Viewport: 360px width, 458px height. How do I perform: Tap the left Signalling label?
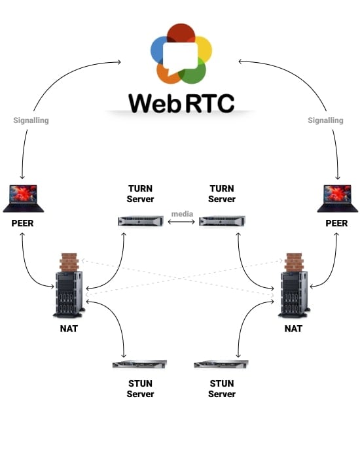pos(31,120)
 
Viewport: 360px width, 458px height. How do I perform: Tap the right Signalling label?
pos(325,120)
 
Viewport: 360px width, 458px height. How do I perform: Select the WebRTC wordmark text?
pos(181,103)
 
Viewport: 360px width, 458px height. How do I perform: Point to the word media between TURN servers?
pos(181,214)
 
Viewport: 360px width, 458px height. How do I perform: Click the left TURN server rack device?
pos(141,222)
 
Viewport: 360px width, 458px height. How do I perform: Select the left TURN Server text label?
pos(141,194)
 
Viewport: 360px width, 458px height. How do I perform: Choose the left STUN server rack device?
pos(140,364)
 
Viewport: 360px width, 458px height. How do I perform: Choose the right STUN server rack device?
pos(222,364)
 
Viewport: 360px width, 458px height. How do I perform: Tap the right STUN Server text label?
pos(222,389)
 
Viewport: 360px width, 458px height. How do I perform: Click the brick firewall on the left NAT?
pos(69,262)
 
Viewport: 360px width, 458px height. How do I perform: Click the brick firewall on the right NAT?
pos(293,262)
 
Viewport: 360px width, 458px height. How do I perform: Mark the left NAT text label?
pos(68,328)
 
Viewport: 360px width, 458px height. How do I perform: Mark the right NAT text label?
pos(293,328)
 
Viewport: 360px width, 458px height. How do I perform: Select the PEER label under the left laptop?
pos(22,223)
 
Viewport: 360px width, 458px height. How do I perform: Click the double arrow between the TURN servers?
pos(181,222)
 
